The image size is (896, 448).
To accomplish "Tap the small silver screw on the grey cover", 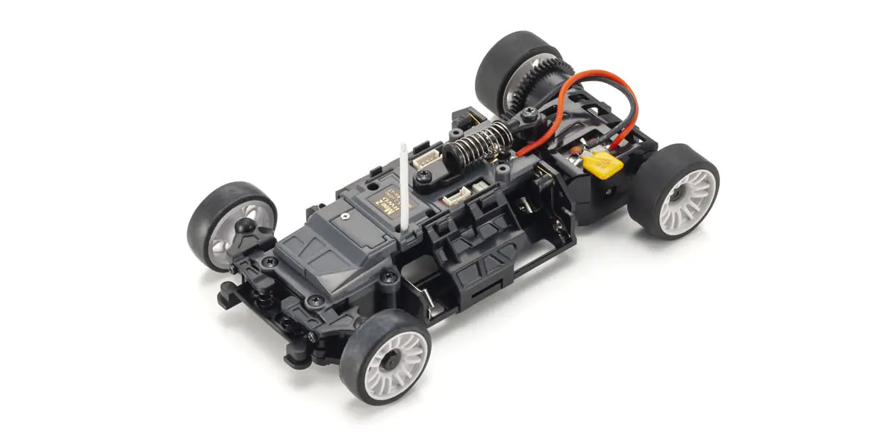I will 345,216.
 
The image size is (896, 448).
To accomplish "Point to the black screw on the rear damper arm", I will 529,113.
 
